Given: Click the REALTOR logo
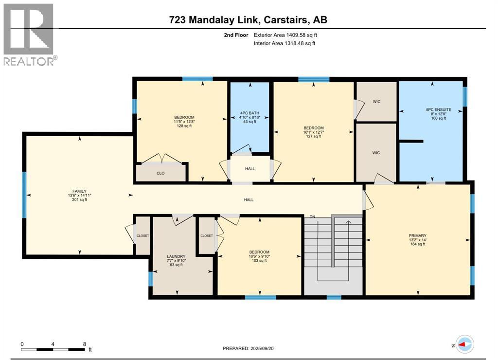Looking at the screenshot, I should pyautogui.click(x=29, y=34).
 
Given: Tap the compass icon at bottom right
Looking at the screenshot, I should pyautogui.click(x=465, y=343).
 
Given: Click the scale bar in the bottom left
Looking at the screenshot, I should pyautogui.click(x=53, y=349).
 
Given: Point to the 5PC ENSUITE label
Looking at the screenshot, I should pyautogui.click(x=435, y=110).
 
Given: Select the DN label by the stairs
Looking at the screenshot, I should pyautogui.click(x=313, y=216).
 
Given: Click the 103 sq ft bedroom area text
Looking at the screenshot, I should pyautogui.click(x=259, y=261).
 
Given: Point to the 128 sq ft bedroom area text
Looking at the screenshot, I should pyautogui.click(x=184, y=126).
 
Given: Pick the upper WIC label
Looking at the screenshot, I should pyautogui.click(x=376, y=102).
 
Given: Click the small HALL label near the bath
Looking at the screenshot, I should pyautogui.click(x=249, y=169).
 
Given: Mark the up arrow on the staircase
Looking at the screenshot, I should pyautogui.click(x=348, y=223).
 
